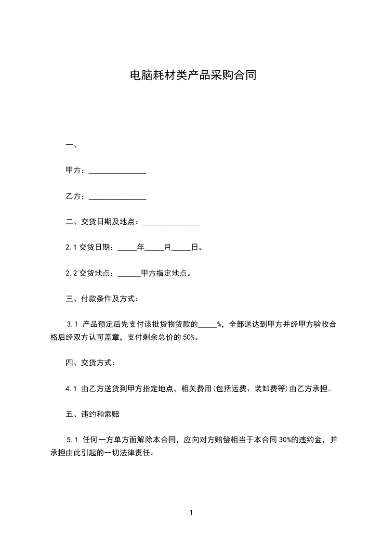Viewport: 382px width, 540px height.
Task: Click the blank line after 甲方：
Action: [118, 171]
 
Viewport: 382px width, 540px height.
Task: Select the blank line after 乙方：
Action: [118, 197]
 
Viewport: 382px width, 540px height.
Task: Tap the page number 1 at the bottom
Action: [191, 513]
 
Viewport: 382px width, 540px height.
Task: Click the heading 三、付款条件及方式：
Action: [103, 299]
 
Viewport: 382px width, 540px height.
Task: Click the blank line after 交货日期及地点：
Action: [171, 223]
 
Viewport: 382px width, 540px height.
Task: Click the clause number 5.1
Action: [73, 439]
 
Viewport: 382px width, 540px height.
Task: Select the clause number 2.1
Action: [71, 248]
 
